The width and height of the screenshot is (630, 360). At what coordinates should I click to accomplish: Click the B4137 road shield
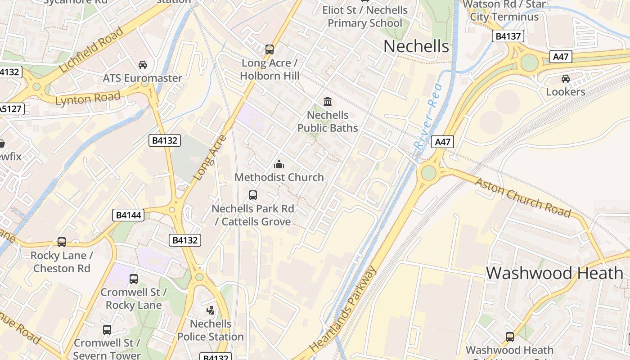point(508,36)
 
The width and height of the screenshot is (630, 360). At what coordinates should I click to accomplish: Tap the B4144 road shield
point(128,215)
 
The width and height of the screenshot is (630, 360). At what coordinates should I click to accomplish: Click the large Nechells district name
point(416,46)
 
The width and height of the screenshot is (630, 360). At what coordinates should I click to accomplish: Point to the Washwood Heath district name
point(554,273)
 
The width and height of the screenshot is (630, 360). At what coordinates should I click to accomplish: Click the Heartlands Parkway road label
point(343,309)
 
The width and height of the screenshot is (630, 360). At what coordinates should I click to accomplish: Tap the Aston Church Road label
point(523,197)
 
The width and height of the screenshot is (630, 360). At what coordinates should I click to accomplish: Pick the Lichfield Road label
point(91,50)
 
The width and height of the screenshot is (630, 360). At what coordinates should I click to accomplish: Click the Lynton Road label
point(88,98)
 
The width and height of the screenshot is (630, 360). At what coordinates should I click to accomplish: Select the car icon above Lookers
point(565,79)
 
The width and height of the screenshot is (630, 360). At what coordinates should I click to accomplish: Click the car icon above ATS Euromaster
point(143,65)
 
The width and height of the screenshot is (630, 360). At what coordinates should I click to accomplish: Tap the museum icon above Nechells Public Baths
point(328,101)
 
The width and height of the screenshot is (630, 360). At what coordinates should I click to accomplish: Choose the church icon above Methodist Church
point(279,164)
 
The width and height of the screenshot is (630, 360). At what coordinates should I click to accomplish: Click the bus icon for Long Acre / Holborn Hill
point(269,49)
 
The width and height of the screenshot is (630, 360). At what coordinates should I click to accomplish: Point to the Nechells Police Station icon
point(210,310)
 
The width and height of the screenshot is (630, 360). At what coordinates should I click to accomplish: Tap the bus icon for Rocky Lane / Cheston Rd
point(62,242)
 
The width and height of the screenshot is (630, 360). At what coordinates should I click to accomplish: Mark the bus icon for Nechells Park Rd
point(253,195)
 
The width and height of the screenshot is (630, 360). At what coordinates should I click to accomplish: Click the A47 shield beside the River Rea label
point(442,142)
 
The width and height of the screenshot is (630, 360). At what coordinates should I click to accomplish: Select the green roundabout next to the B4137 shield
point(529,63)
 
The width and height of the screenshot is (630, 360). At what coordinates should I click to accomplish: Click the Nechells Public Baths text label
point(328,121)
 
